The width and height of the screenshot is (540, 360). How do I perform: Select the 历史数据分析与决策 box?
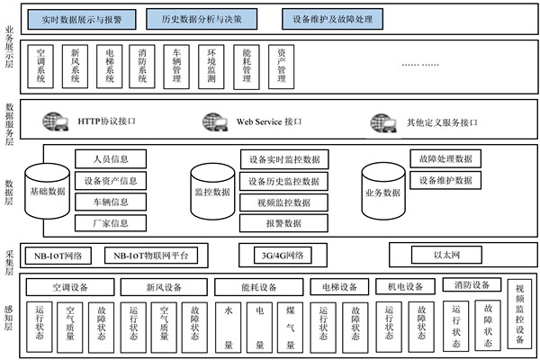(x=200, y=18)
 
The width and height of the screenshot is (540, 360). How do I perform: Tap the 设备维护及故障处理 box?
(x=331, y=18)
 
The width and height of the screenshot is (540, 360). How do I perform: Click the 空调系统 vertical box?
(x=41, y=66)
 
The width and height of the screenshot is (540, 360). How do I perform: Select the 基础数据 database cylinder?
(x=47, y=190)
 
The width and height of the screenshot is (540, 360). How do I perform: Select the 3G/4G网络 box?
(x=282, y=256)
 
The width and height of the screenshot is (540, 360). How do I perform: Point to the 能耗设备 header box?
(x=258, y=288)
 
